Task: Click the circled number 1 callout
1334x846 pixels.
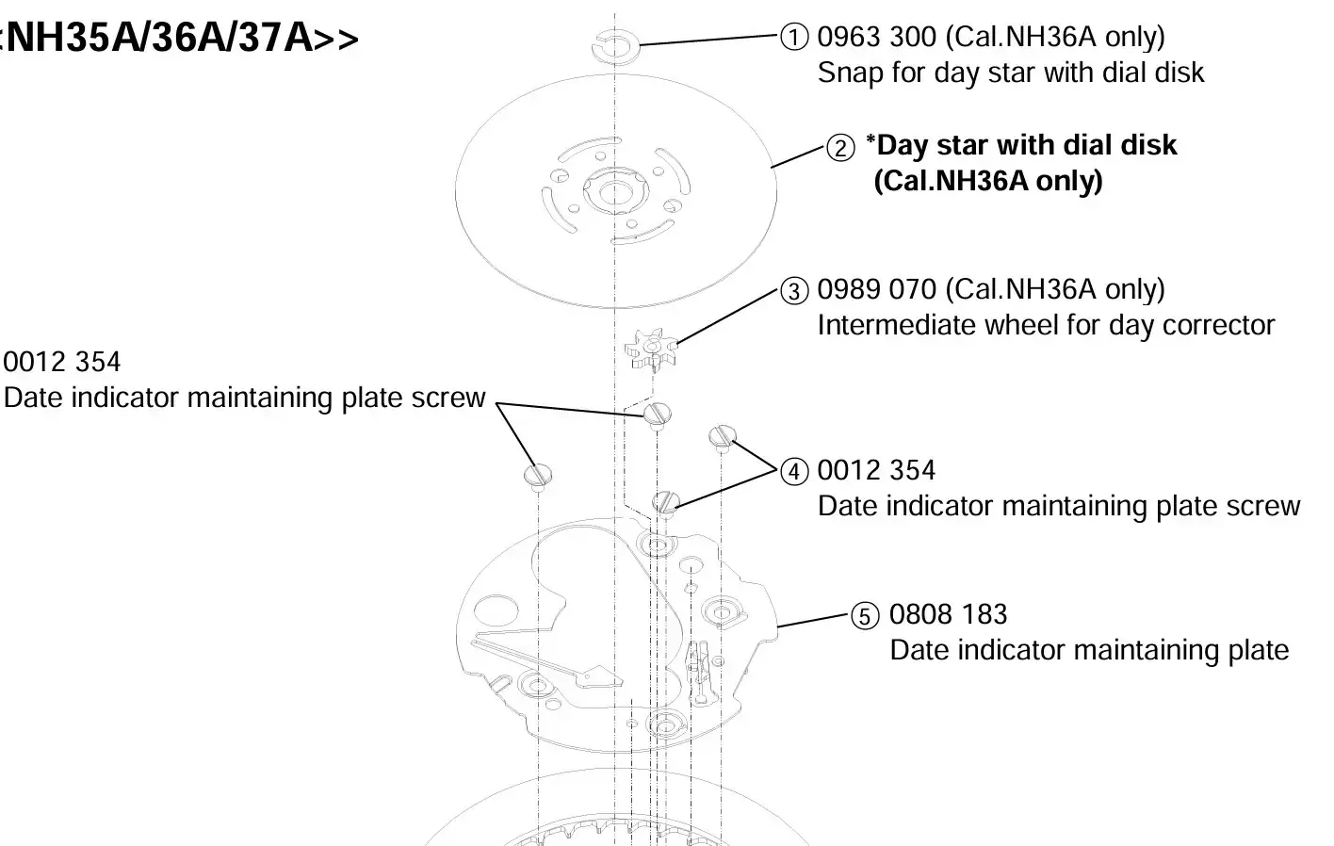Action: point(794,37)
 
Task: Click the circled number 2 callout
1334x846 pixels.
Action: point(840,148)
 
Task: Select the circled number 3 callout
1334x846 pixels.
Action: point(794,291)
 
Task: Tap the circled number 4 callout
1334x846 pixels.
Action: point(794,472)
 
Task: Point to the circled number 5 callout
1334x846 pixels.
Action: point(865,615)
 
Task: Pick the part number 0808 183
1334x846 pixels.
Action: point(948,614)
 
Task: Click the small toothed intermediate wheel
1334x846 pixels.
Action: point(652,349)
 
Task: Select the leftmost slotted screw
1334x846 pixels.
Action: point(538,477)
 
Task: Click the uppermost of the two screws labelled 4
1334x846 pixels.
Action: point(723,437)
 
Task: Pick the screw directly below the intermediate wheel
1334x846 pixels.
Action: point(658,415)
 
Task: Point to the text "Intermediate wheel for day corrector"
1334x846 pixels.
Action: point(1046,326)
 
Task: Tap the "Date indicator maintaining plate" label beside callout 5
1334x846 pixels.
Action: point(1089,650)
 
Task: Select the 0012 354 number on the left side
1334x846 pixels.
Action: point(62,362)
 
